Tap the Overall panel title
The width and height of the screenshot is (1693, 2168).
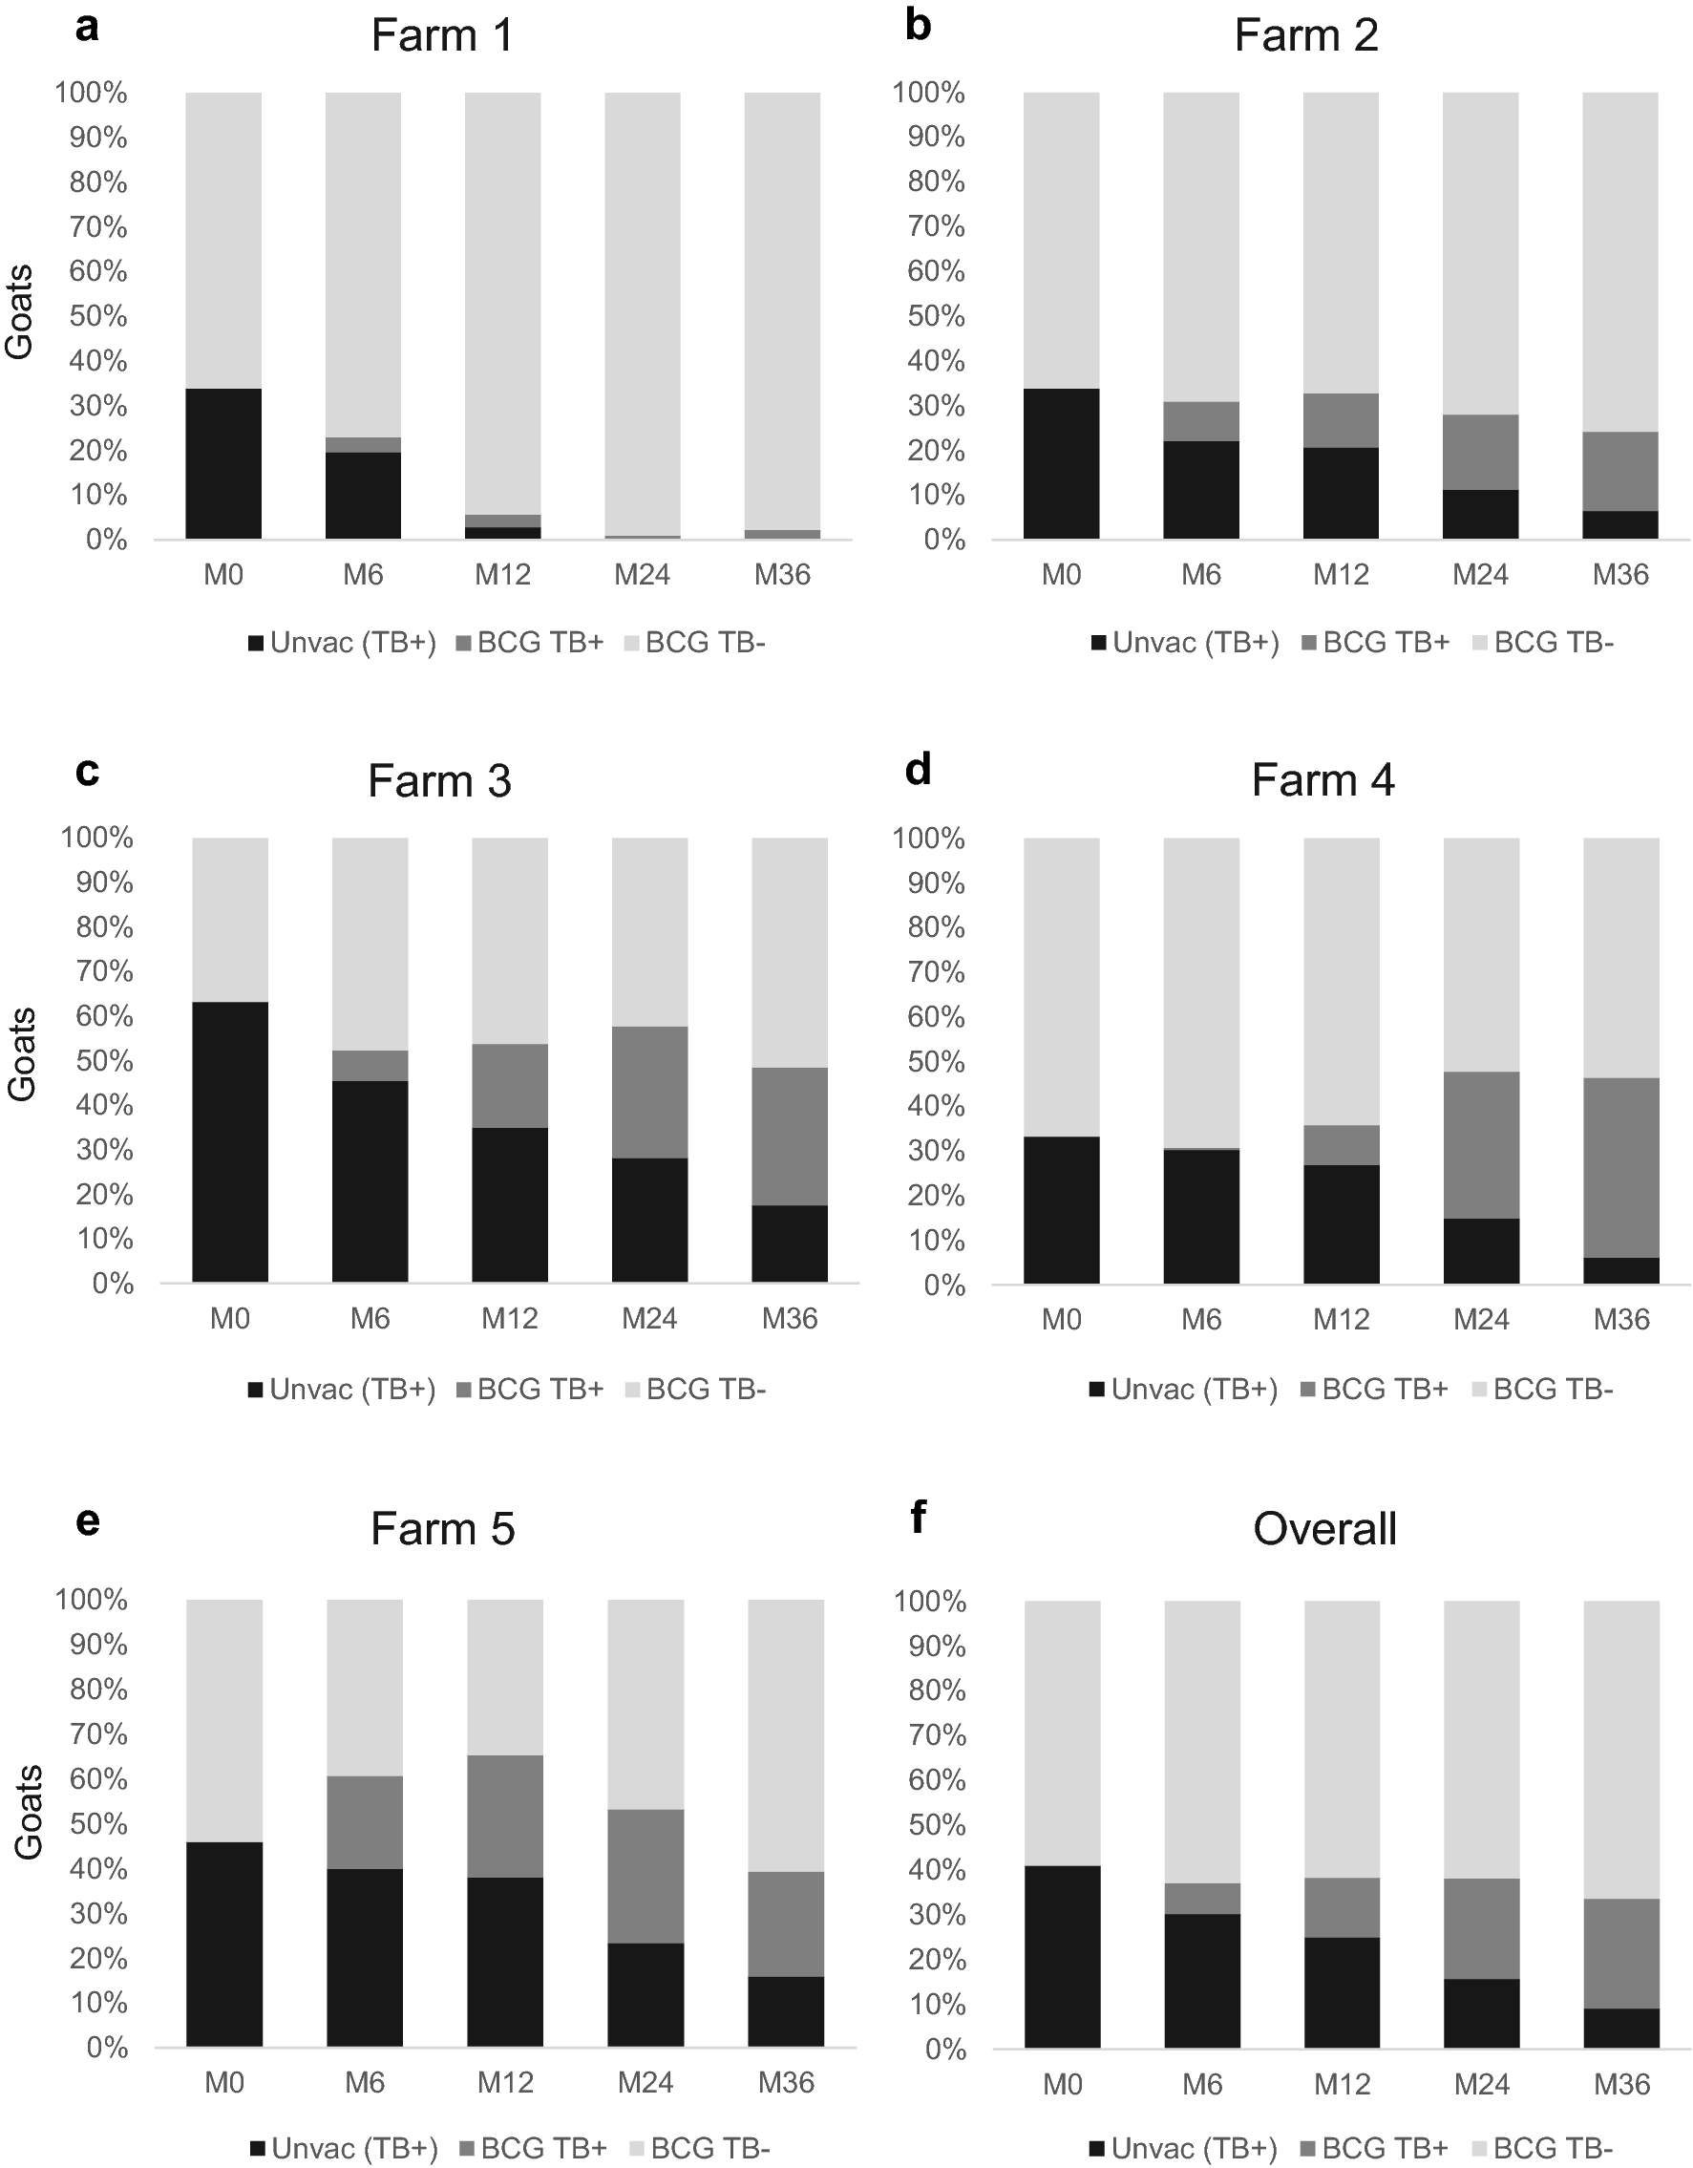click(1323, 1529)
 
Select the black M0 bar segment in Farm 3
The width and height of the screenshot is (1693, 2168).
click(229, 1141)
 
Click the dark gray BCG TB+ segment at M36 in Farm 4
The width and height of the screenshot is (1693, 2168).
click(1620, 1167)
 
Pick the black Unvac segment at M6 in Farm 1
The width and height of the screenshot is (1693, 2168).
click(363, 496)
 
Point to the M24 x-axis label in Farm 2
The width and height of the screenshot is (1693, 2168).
click(1480, 575)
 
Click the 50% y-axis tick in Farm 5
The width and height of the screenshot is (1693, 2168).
click(98, 1824)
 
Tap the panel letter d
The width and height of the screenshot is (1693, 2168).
click(918, 770)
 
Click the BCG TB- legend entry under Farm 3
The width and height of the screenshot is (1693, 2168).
click(696, 1389)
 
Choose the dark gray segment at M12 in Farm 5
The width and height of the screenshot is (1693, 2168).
click(505, 1816)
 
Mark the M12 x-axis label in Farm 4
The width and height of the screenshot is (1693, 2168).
click(1341, 1319)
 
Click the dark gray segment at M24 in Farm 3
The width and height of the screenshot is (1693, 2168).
click(649, 1092)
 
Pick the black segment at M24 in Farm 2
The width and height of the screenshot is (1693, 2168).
click(1480, 514)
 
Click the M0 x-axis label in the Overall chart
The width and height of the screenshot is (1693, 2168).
click(1062, 2084)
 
